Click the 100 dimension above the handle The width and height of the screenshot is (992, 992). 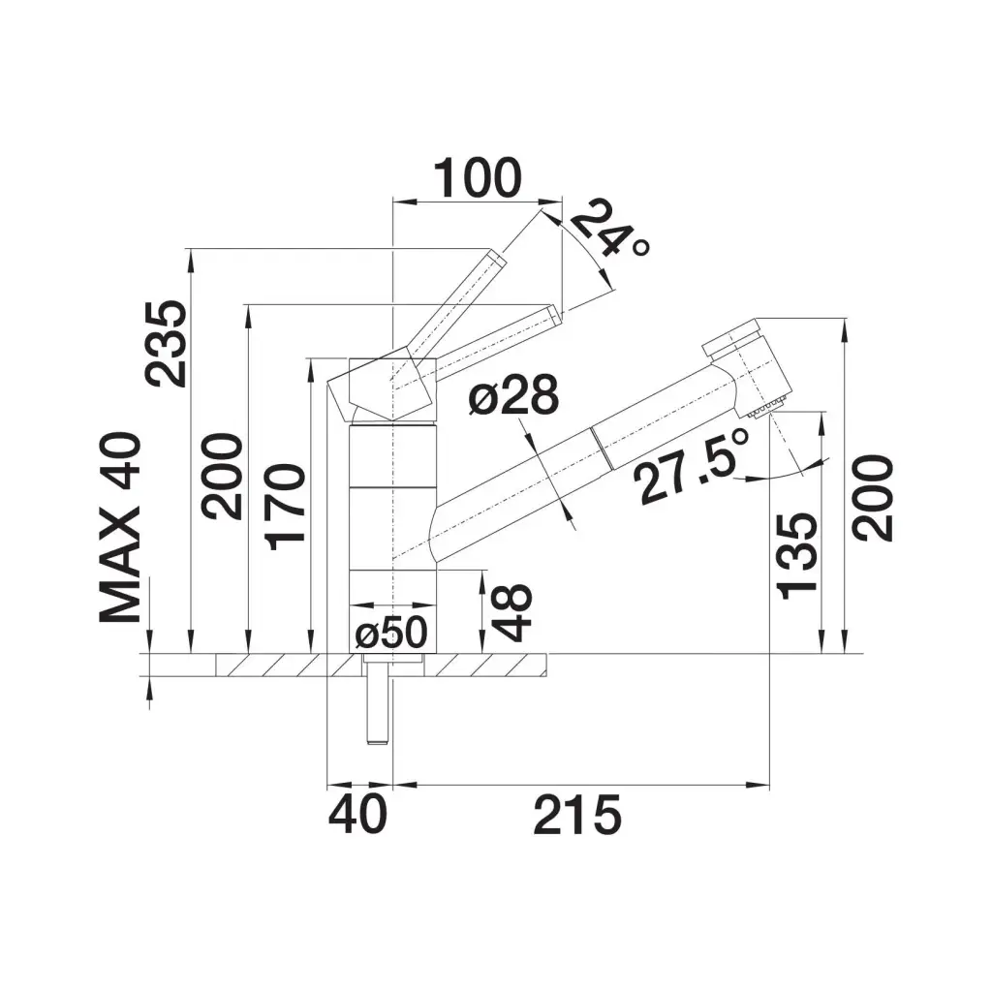point(478,178)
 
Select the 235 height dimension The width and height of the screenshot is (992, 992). point(167,343)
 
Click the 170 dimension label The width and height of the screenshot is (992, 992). point(286,506)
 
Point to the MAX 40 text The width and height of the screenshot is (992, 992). point(120,527)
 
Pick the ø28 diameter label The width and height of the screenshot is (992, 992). point(513,395)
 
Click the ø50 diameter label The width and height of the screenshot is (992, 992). point(391,632)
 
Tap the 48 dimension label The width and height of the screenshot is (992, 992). point(511,612)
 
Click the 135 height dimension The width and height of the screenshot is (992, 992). point(797,555)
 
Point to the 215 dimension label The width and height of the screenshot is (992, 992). point(577,816)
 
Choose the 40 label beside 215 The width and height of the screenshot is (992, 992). point(357,815)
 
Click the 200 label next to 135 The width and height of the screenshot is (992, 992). point(873,498)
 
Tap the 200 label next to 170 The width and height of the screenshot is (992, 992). point(222,476)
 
